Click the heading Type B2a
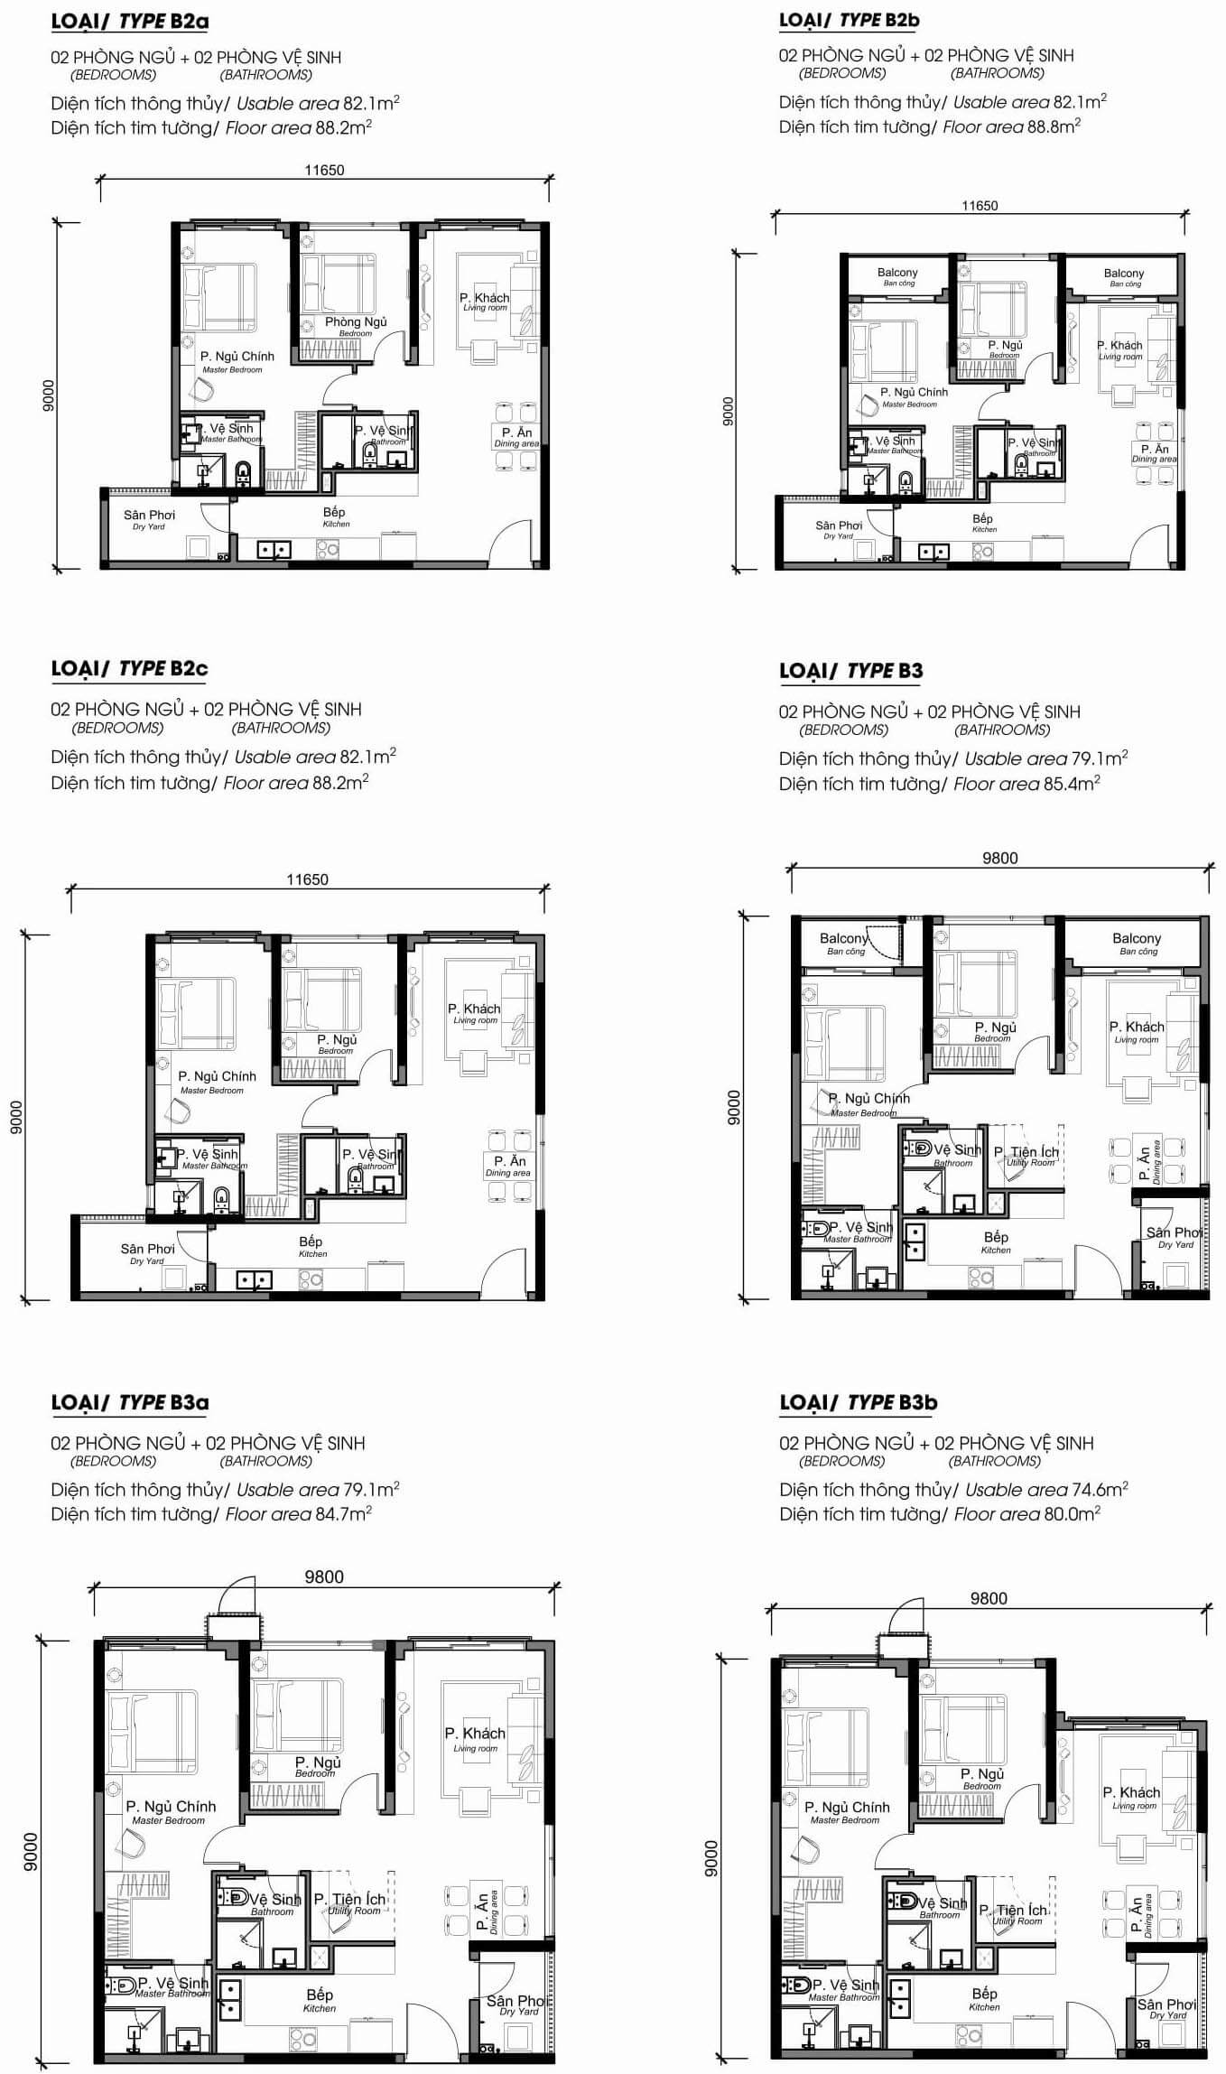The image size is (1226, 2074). (x=131, y=20)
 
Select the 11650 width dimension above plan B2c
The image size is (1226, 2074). (x=307, y=879)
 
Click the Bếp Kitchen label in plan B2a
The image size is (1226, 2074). (x=335, y=516)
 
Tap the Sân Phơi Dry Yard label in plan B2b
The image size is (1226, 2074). (x=839, y=529)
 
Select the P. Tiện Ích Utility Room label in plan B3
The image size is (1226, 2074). (x=1027, y=1156)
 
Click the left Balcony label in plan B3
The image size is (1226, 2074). (x=843, y=944)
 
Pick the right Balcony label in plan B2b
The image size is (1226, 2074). (x=1123, y=276)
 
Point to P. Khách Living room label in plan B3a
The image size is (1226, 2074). (x=475, y=1739)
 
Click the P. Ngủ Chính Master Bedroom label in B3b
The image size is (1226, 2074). (x=846, y=1812)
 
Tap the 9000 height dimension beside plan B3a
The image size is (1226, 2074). (x=32, y=1851)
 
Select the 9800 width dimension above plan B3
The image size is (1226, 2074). (x=999, y=858)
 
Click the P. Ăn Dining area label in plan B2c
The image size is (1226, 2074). (x=508, y=1166)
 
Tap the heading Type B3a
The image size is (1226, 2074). (x=131, y=1402)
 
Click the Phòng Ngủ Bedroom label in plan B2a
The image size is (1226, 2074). (x=356, y=326)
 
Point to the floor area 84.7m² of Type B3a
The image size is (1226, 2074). (x=342, y=1513)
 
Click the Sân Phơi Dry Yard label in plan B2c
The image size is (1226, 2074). (x=147, y=1253)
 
